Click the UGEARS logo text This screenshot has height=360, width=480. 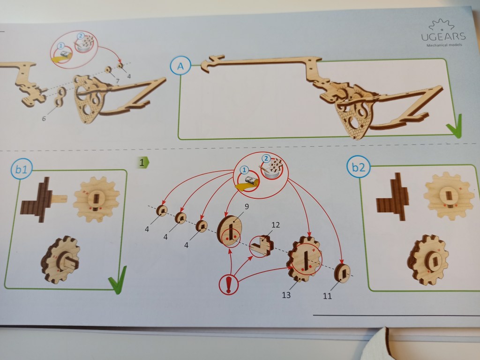click(x=443, y=37)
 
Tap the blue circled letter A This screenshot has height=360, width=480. click(x=180, y=66)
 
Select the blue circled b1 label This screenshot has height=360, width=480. click(x=21, y=169)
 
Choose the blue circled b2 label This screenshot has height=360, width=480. click(x=359, y=167)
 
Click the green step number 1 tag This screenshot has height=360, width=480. click(x=142, y=163)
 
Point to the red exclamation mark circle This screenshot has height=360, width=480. click(x=228, y=285)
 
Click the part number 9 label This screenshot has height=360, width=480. click(x=247, y=207)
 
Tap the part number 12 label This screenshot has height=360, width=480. click(x=275, y=225)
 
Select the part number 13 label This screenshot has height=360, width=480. click(x=286, y=295)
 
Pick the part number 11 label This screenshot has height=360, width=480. click(x=327, y=296)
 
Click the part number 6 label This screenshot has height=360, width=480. click(x=44, y=119)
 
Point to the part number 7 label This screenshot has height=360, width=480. click(x=118, y=81)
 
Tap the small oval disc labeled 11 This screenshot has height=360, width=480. click(x=342, y=273)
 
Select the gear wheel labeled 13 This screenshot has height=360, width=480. click(x=304, y=259)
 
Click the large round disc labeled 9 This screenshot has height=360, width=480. click(x=229, y=231)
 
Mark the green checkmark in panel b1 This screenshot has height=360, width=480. click(x=117, y=280)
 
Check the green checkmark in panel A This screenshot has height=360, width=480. click(x=454, y=126)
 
